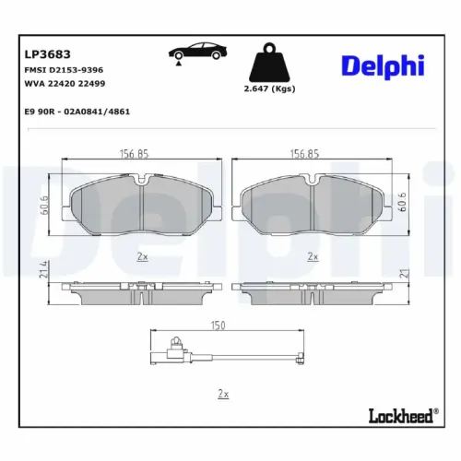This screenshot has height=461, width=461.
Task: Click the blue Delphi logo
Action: [382, 65]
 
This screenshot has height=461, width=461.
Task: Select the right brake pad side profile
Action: [312, 294]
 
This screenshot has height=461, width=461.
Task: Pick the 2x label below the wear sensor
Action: [221, 394]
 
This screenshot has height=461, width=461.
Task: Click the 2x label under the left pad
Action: [142, 256]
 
